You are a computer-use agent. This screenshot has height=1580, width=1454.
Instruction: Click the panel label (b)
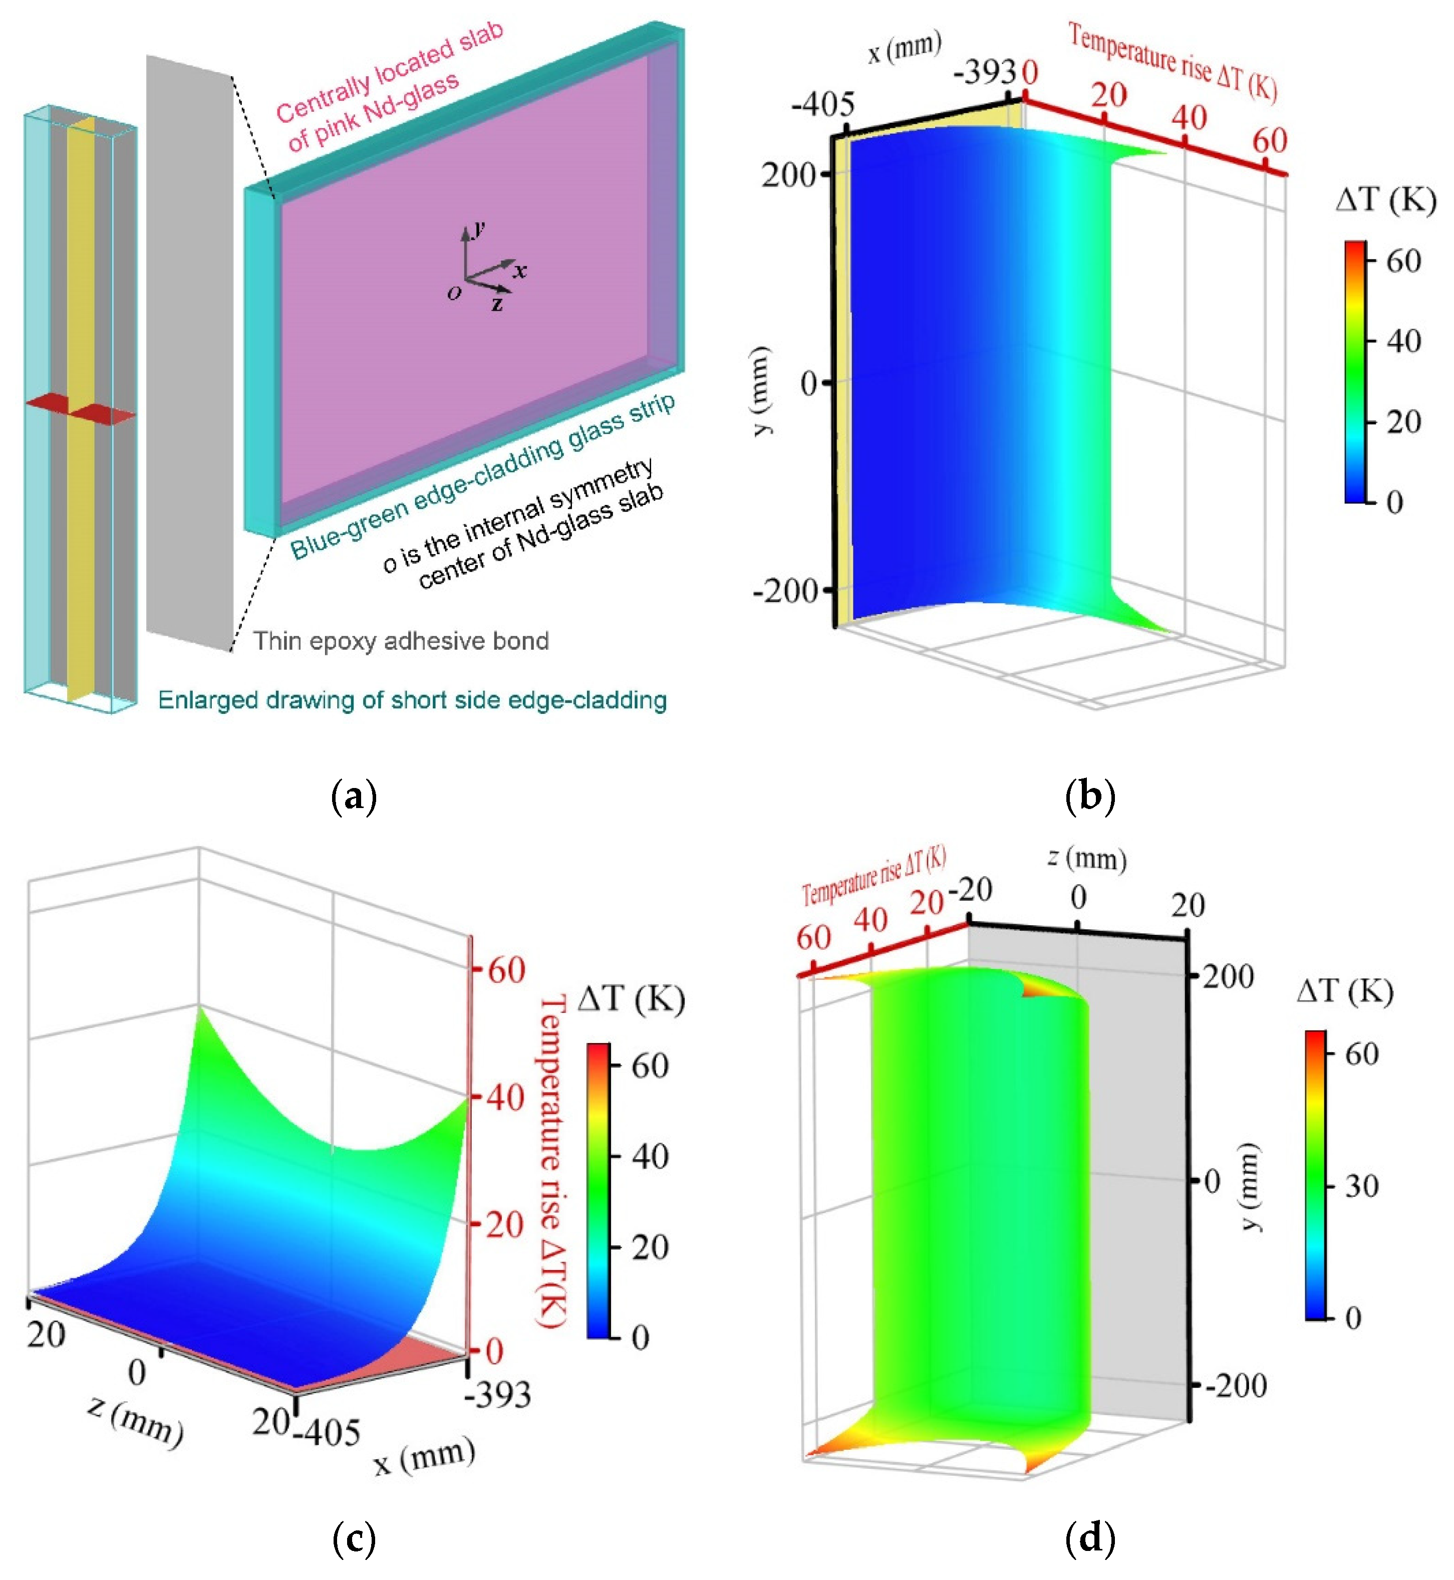pos(1090,797)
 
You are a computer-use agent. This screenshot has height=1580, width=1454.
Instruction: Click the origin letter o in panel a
pos(454,293)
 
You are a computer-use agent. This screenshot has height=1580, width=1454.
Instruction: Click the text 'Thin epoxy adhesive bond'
pos(401,641)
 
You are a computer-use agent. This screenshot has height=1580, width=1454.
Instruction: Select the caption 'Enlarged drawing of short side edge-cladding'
pos(412,700)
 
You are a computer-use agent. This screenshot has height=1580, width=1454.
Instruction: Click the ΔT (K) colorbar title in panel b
pos(1385,201)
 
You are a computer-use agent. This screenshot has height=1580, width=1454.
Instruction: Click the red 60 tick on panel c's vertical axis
pos(506,970)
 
